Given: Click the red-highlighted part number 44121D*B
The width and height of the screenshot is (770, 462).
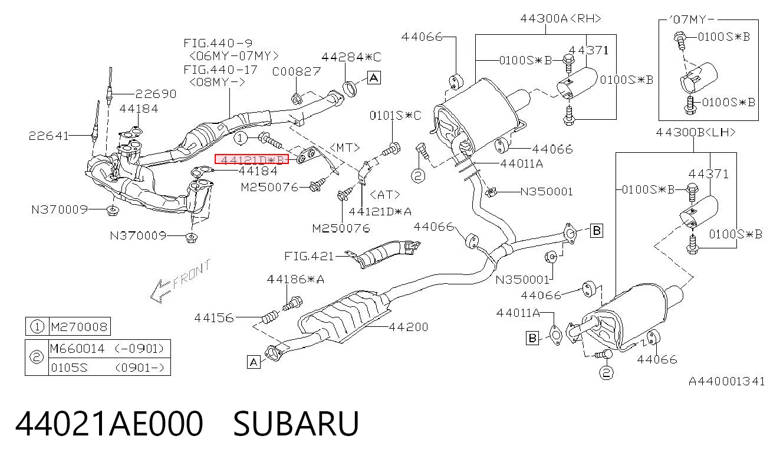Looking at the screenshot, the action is click(252, 159).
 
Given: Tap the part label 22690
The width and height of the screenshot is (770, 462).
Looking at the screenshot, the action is click(156, 94).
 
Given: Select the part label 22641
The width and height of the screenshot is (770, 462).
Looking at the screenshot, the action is click(48, 136).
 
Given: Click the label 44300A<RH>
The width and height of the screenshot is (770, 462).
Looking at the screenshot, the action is click(561, 18).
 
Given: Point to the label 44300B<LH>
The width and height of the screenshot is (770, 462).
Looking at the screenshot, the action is click(696, 132).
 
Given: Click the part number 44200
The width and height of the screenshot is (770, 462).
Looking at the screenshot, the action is click(409, 326).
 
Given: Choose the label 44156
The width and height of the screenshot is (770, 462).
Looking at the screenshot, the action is click(214, 317).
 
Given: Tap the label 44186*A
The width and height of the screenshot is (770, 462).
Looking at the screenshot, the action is click(295, 279).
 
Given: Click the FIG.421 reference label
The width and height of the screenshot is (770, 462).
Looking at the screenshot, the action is click(309, 256).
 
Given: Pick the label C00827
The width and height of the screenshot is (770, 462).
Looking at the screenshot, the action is click(297, 71).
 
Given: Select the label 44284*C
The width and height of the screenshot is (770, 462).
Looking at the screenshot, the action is click(351, 57).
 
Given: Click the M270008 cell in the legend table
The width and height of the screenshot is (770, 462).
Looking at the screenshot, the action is click(79, 326).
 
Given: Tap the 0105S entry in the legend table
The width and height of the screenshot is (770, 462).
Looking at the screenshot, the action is click(70, 368).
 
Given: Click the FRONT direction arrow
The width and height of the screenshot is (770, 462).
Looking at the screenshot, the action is click(180, 281).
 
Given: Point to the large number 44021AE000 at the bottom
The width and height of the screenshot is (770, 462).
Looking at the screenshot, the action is click(109, 424).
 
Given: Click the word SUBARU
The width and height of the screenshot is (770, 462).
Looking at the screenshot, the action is click(297, 424).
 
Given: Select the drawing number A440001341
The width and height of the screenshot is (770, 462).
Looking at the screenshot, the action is click(726, 381).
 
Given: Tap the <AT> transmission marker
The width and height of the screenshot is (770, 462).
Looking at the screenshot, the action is click(385, 195).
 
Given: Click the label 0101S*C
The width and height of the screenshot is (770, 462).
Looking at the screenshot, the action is click(395, 115).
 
